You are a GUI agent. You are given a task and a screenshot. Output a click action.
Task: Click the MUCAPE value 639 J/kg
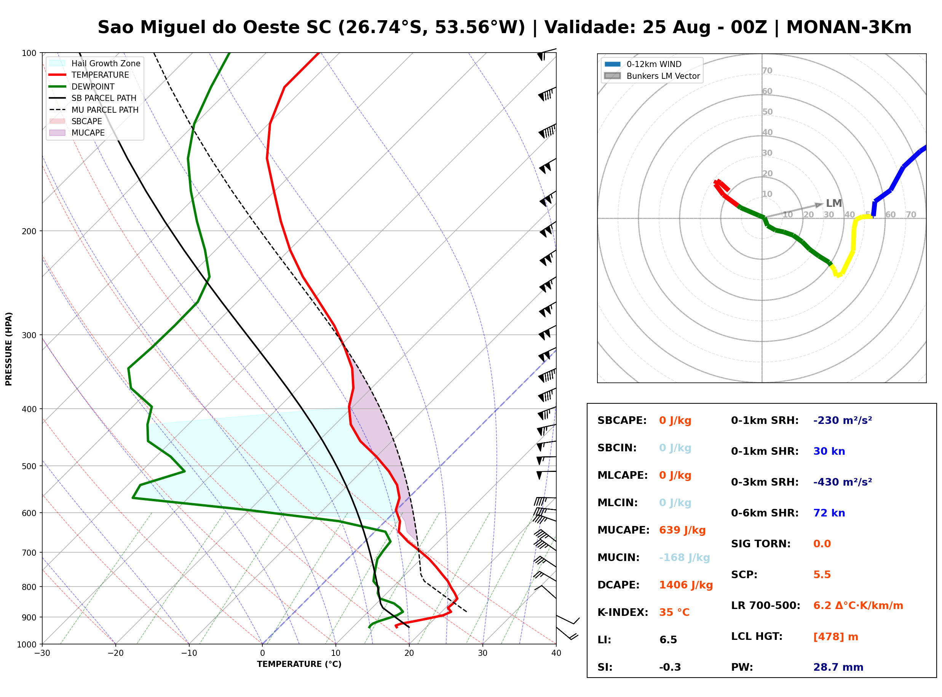point(682,530)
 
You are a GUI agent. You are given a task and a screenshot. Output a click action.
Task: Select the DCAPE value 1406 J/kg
point(686,585)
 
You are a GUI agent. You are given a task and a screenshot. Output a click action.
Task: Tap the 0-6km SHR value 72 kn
point(829,513)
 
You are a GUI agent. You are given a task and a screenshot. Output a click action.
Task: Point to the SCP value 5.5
point(822,574)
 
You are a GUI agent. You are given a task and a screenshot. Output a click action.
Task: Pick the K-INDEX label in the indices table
point(623,612)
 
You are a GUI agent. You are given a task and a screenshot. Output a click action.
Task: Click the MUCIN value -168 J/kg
point(684,557)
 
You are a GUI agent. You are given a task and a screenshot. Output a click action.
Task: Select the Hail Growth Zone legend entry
point(95,63)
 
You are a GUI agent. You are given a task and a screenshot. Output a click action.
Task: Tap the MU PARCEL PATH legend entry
point(94,110)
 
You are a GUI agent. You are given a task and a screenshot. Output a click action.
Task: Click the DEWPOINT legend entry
point(82,86)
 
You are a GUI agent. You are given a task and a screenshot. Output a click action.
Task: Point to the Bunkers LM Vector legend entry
point(652,76)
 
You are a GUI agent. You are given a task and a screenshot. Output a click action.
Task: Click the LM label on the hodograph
point(833,203)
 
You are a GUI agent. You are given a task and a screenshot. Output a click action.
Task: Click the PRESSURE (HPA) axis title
point(8,348)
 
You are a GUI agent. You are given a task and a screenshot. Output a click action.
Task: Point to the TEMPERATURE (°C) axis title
point(299,664)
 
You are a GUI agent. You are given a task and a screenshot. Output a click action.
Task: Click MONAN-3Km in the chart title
point(848,27)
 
